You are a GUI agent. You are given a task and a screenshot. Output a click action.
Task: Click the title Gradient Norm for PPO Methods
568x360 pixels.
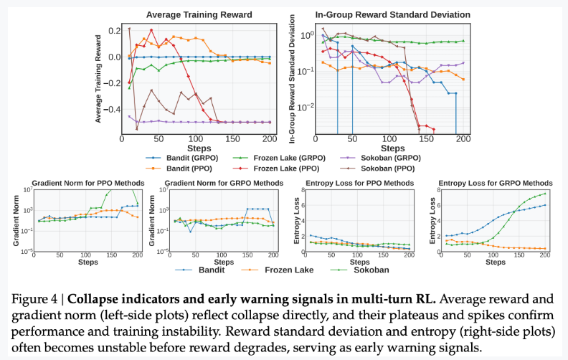pyautogui.click(x=80, y=184)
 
